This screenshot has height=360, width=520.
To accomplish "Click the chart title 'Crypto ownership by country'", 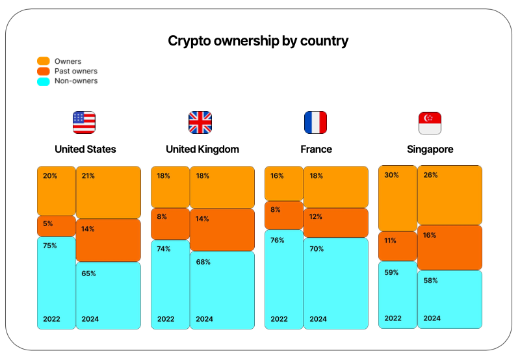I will (258, 41).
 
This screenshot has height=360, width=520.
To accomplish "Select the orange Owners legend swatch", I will (44, 61).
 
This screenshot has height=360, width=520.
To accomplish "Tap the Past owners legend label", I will (76, 71).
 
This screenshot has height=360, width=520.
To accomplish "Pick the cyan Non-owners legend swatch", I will (44, 81).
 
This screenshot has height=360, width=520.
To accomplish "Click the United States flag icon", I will (84, 122).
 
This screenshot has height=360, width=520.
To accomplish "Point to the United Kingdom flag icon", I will (200, 122).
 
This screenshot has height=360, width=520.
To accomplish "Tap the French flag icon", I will (316, 122).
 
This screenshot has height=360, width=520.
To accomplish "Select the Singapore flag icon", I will (430, 122).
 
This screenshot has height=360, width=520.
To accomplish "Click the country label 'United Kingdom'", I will (202, 149).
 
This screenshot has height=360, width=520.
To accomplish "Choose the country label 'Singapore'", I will (430, 149).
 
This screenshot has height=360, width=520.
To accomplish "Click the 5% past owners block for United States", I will (56, 225).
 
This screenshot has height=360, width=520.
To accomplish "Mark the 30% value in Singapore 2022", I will (392, 175).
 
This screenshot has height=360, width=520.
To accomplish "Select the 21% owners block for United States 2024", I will (108, 192).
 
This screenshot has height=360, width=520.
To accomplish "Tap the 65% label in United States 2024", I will (88, 274).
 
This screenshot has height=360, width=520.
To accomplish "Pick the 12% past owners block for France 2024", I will (335, 223).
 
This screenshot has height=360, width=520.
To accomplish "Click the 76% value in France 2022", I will (277, 240).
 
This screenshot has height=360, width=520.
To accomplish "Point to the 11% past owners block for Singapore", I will (397, 246).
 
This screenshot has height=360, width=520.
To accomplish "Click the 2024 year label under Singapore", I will (432, 318).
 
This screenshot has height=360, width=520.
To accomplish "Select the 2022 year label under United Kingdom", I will (166, 319).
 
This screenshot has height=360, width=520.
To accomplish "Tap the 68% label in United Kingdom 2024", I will (202, 262).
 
